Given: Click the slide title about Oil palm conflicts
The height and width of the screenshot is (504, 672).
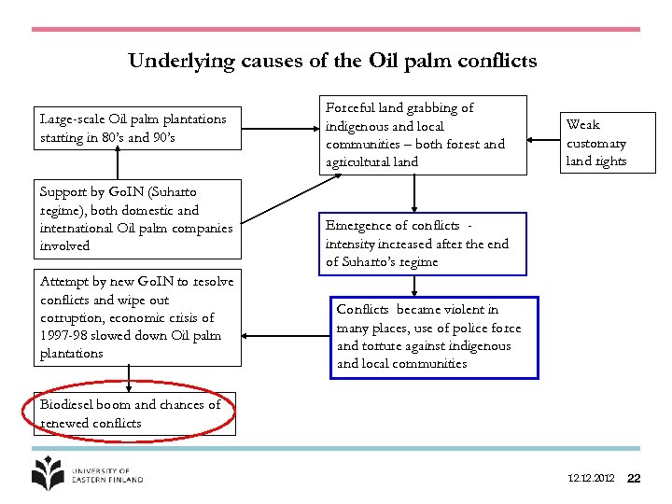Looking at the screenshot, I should point(332,62).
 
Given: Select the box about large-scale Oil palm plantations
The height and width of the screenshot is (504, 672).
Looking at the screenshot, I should point(133,129).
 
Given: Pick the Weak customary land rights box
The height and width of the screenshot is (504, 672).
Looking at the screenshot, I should point(596,143).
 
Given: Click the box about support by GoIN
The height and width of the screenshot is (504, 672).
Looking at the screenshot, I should point(136,219).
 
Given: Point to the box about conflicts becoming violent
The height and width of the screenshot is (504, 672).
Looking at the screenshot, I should point(435,337).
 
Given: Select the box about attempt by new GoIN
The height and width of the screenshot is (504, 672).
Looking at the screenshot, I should point(136,317).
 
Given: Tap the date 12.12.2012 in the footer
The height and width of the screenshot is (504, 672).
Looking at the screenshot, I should point(591,479).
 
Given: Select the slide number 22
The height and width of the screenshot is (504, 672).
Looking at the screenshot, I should point(635,479).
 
